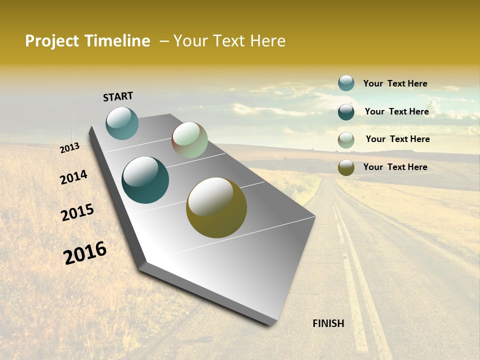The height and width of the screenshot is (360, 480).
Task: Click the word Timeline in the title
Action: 117,41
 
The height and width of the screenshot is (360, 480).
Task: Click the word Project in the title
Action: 52,41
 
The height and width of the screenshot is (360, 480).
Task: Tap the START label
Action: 118,96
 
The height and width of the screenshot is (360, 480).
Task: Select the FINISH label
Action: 328,323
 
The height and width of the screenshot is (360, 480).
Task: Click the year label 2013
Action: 70,148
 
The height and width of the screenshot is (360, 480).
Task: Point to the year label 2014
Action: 74,177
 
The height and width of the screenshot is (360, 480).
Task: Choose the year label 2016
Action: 85,253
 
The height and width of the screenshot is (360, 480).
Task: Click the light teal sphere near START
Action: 122,123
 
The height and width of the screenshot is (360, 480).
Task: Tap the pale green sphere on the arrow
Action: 189,140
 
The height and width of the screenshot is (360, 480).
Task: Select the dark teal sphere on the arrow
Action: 145,180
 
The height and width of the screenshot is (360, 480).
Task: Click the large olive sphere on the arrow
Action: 216,207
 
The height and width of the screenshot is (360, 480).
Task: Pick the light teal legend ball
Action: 346,83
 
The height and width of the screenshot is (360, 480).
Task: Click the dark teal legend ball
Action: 346,112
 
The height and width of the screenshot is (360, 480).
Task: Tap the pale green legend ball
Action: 346,140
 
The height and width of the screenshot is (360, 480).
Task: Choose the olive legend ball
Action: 346,167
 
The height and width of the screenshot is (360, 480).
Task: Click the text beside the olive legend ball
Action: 395,167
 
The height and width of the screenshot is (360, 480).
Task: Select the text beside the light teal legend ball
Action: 395,83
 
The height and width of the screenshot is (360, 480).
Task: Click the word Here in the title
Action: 268,41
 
